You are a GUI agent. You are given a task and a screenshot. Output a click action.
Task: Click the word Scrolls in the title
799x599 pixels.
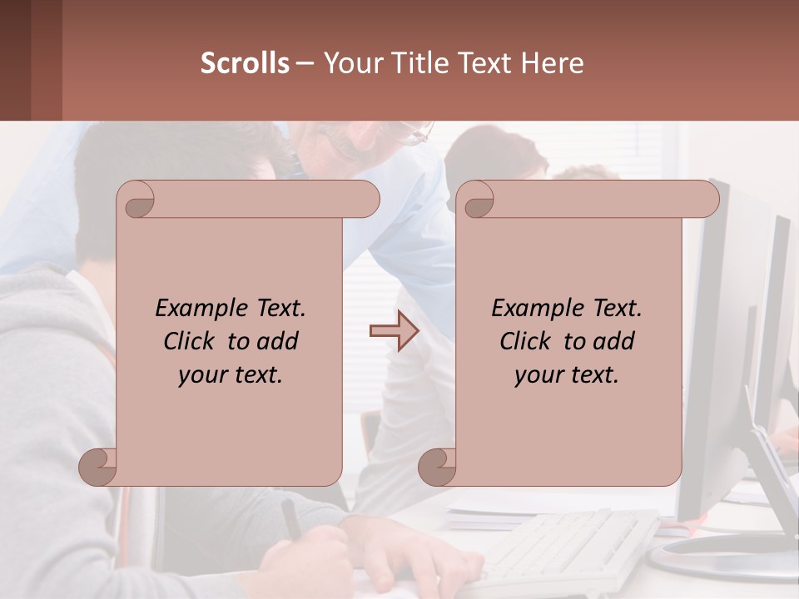(x=246, y=63)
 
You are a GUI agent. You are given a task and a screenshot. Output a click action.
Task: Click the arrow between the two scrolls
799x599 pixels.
(x=394, y=332)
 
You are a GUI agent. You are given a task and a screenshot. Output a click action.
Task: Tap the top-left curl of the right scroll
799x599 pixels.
(x=477, y=200)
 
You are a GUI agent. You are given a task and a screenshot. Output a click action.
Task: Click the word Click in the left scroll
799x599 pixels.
(x=192, y=341)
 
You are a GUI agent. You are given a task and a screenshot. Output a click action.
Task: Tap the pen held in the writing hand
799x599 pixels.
(x=292, y=517)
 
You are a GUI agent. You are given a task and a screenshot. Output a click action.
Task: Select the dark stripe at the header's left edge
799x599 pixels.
(x=15, y=60)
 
